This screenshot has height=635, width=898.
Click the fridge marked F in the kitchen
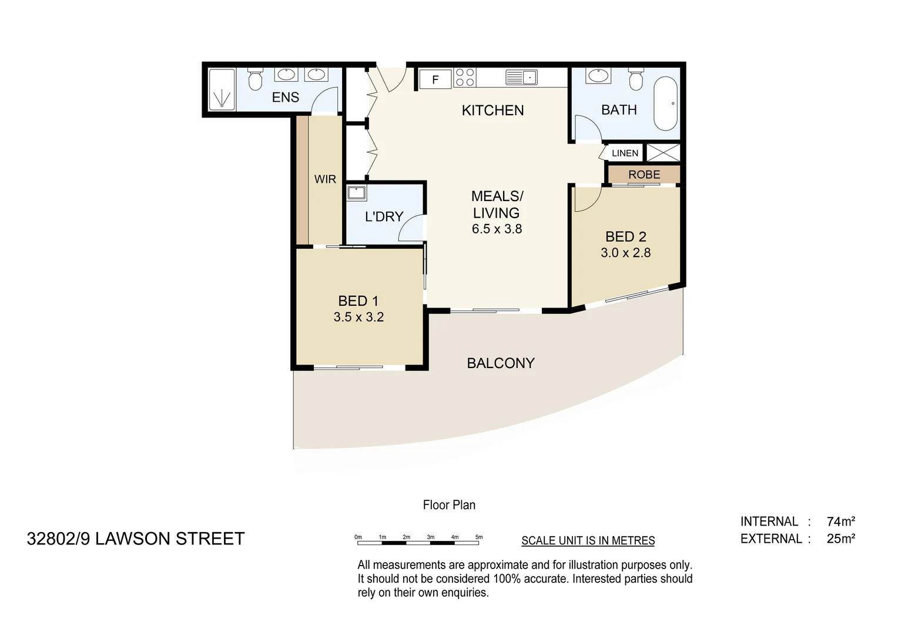(435, 79)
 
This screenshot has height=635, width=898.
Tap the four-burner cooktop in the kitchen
(464, 78)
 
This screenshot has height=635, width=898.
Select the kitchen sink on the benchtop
(521, 77)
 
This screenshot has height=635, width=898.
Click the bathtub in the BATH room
(666, 103)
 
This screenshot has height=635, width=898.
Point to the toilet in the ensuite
(255, 79)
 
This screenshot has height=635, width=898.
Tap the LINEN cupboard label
(625, 153)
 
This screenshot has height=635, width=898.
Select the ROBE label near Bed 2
(644, 175)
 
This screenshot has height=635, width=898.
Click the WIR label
(325, 179)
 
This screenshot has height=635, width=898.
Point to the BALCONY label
(501, 363)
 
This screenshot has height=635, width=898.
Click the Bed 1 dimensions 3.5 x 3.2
(358, 317)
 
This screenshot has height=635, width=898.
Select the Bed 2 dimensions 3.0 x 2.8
(625, 253)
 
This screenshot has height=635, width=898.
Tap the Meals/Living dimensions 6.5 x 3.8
(497, 229)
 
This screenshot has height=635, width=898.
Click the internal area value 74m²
(840, 522)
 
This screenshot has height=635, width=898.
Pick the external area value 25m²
(840, 539)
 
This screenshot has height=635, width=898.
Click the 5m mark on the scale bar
(479, 537)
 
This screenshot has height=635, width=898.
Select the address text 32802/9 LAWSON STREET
(136, 539)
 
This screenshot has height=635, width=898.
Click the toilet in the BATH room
(636, 79)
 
